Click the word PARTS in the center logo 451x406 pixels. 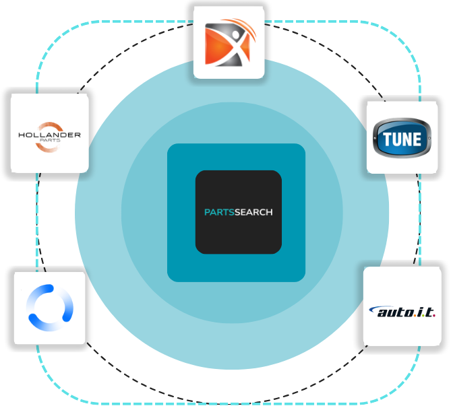pyautogui.click(x=217, y=212)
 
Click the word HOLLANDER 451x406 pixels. pyautogui.click(x=50, y=135)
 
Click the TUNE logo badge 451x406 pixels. pyautogui.click(x=402, y=139)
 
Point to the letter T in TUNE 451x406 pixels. pyautogui.click(x=386, y=140)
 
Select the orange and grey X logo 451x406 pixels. pyautogui.click(x=229, y=44)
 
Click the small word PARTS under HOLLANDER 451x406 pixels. pyautogui.click(x=50, y=141)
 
